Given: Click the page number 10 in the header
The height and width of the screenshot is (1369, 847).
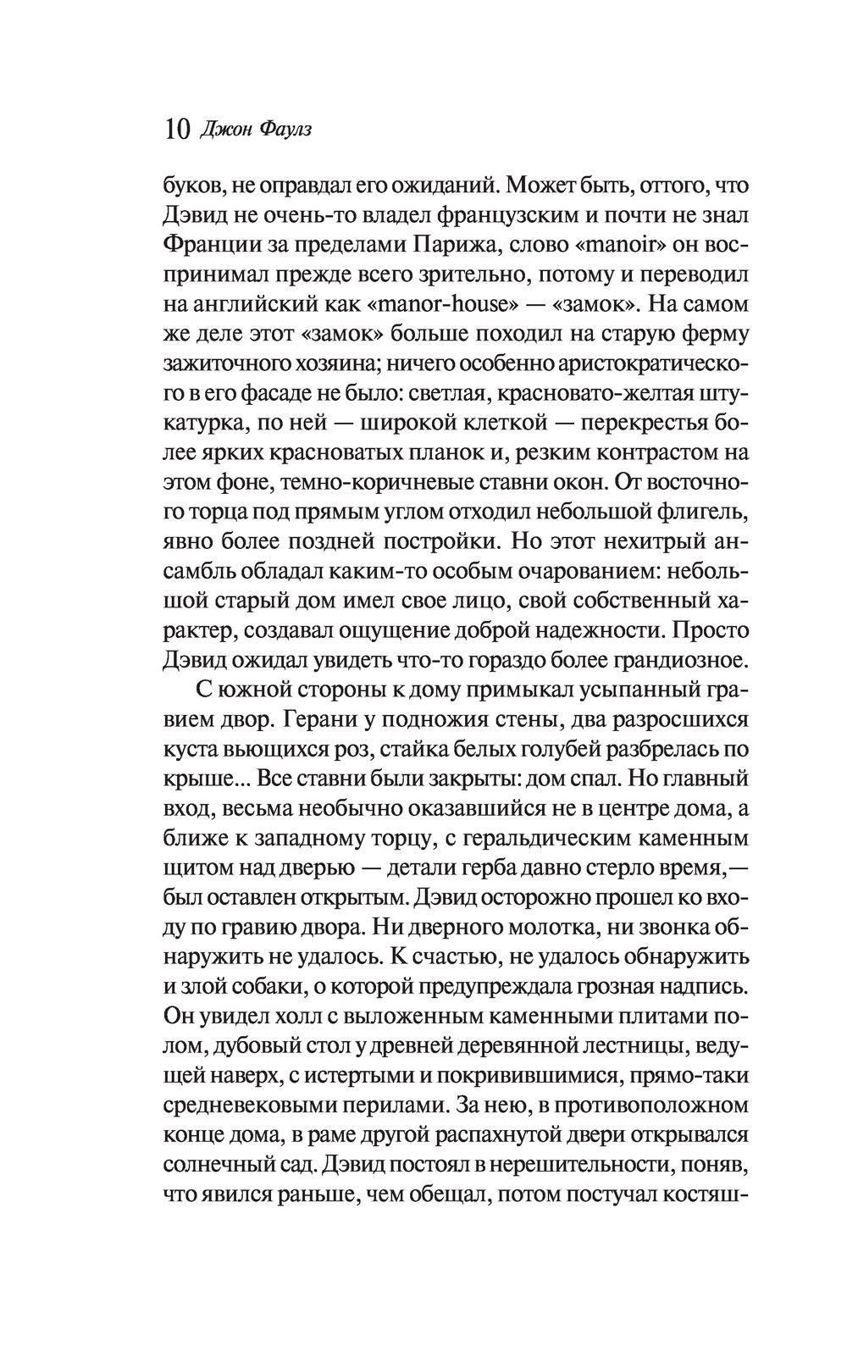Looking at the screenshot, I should pyautogui.click(x=175, y=130).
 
